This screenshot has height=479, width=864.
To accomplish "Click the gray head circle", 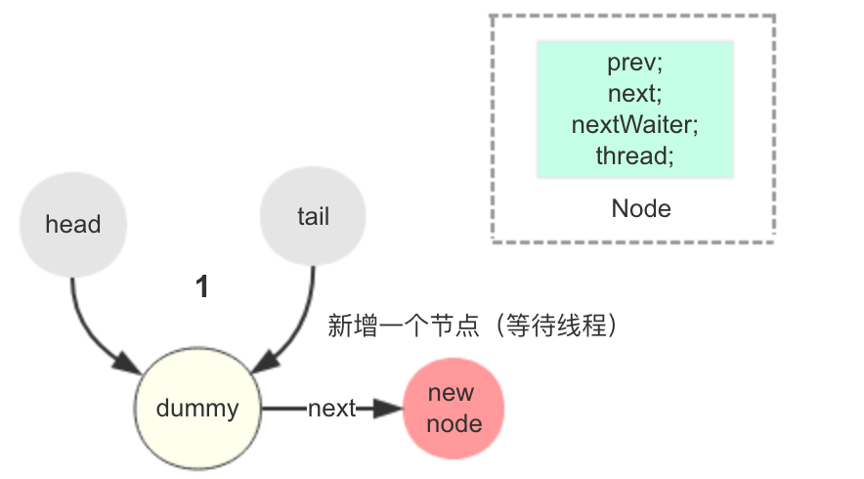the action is [73, 224].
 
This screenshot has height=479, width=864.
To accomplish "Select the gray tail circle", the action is [313, 216].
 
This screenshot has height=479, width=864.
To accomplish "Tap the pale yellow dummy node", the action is [197, 409].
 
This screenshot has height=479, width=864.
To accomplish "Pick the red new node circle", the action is [454, 409].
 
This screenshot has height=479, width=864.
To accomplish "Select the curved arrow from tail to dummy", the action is [297, 330].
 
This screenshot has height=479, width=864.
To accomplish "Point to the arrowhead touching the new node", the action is [388, 409].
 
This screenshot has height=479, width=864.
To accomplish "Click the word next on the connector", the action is [331, 409].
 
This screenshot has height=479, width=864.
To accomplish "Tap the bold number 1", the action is [202, 286].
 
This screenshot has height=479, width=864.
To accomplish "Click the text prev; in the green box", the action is [634, 63].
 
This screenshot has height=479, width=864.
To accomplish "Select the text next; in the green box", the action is [634, 94].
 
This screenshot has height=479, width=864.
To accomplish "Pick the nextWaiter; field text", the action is [634, 124].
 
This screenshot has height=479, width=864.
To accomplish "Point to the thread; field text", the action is [634, 155].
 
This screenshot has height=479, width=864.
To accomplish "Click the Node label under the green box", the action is [641, 209].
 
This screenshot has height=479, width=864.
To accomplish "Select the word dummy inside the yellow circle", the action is [197, 409].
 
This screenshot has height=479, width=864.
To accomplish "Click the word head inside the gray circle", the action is [73, 224].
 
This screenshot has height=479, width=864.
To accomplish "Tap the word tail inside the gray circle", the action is [314, 216].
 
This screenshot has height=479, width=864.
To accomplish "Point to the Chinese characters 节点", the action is [454, 326].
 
